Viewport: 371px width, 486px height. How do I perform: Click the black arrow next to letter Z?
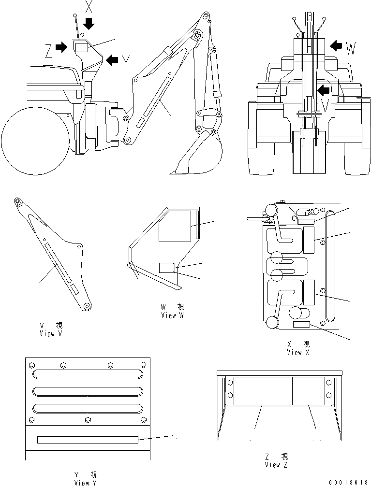point(61,47)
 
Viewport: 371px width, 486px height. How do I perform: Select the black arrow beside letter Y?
point(112,60)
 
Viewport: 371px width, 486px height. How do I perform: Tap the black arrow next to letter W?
point(335,46)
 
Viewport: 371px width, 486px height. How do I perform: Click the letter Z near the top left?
point(48,50)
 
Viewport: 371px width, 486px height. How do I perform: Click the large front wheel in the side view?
point(34,141)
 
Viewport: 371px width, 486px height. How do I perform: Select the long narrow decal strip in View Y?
point(88,440)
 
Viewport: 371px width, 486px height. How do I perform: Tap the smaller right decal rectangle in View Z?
point(308,390)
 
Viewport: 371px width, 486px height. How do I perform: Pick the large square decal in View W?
point(175,225)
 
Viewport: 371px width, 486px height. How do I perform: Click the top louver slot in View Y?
point(88,374)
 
